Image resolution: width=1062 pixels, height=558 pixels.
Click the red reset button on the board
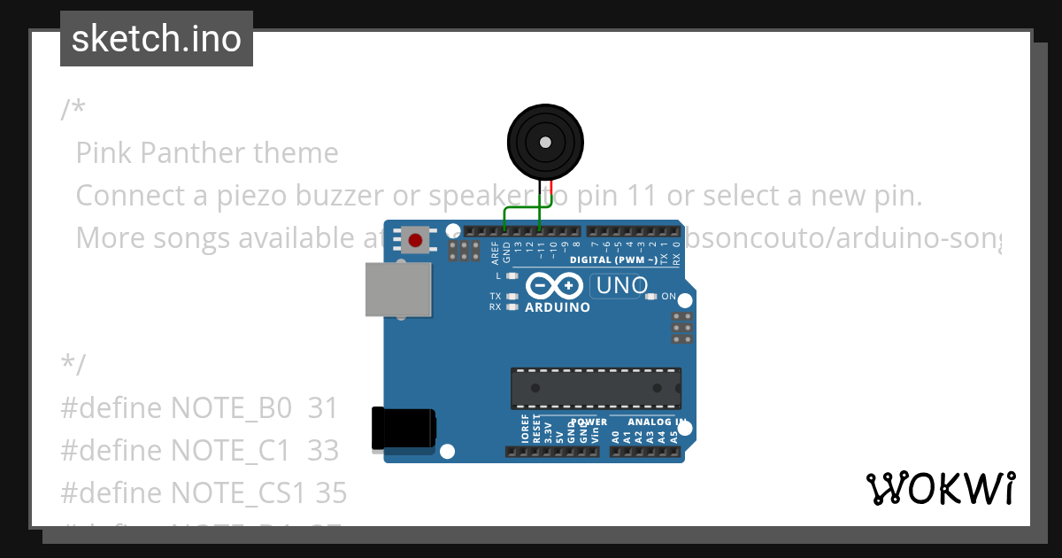[x=415, y=238]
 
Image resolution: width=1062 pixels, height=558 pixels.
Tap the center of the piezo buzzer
[x=545, y=142]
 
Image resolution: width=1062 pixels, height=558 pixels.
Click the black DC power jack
[x=404, y=428]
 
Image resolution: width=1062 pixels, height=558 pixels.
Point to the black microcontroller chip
[x=596, y=389]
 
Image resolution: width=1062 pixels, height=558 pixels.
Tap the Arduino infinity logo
[x=554, y=286]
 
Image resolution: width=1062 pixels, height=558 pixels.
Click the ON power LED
[x=651, y=297]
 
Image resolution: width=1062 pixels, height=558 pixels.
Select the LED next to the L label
[x=511, y=276]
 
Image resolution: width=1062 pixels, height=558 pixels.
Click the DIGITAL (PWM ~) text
[x=613, y=260]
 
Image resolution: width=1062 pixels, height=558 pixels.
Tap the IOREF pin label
[x=526, y=429]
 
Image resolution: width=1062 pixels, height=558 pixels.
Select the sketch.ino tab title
[x=156, y=39]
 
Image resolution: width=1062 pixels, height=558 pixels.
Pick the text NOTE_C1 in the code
[x=230, y=451]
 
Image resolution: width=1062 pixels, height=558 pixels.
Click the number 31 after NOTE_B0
[x=323, y=408]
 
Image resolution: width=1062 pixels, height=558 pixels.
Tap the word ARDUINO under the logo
[x=558, y=308]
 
